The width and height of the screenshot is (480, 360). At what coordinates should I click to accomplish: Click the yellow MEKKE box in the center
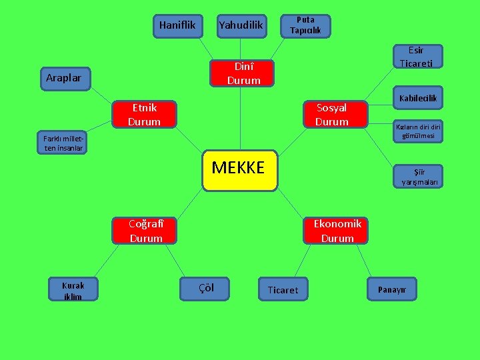[x=239, y=170]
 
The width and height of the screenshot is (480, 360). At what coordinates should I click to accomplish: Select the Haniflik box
[x=177, y=26]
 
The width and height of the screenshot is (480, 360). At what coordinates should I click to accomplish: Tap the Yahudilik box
[x=241, y=26]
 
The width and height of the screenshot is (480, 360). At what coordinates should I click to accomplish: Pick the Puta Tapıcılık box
[x=305, y=25]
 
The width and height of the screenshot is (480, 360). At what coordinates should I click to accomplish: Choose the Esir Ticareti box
[x=416, y=57]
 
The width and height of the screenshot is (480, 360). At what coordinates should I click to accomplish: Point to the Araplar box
[x=65, y=78]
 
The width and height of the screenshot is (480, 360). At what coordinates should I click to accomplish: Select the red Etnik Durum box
[x=145, y=115]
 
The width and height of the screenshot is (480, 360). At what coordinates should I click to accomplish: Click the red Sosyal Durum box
[x=332, y=115]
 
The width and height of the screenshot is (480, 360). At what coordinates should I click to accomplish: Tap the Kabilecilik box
[x=418, y=99]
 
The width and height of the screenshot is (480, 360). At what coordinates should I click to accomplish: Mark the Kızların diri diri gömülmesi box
[x=418, y=131]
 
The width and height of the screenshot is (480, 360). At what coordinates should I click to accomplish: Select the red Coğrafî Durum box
[x=145, y=231]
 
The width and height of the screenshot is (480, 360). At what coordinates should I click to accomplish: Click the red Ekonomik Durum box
[x=337, y=231]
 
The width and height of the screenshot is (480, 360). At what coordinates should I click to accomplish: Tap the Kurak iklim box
[x=73, y=290]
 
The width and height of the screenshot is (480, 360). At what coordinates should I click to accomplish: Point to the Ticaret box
[x=283, y=290]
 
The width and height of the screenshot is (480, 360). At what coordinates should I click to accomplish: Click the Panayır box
[x=397, y=289]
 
